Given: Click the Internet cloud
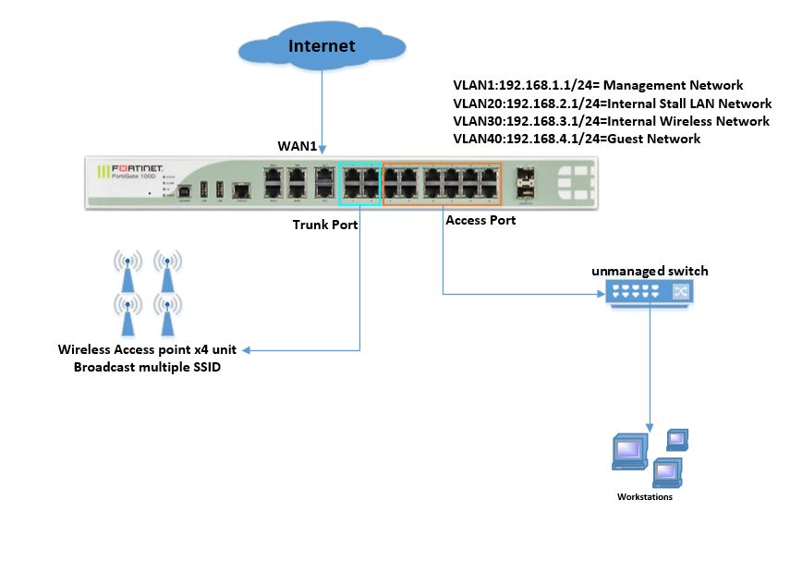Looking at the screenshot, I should pos(321,46).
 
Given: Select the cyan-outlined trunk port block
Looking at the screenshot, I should pos(359,182).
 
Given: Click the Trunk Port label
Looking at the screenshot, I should pos(324,225).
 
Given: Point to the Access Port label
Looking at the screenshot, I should pos(480,221).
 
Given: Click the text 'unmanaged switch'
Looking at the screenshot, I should pos(650,271).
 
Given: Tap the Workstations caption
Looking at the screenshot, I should pos(644,497).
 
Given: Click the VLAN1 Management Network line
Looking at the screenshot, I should pos(598,85).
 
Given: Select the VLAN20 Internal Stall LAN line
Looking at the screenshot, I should pos(612,104).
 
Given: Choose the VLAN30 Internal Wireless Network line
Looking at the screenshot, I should pos(611,121).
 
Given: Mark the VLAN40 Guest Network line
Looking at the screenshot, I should pos(577,139).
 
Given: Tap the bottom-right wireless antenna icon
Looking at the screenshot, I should pos(166,314).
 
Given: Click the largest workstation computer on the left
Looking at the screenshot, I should pos(627,451).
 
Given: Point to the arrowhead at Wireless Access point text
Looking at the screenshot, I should pos(257,350).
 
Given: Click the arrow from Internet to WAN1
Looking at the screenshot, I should pos(322,111).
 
